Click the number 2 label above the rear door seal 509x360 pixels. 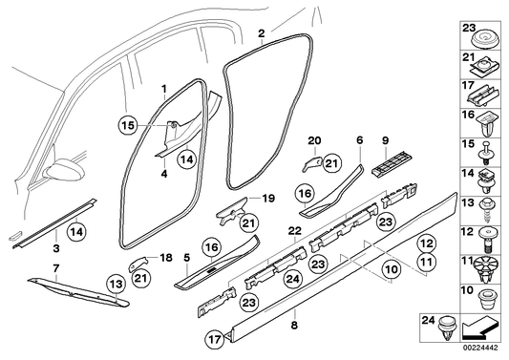tap(261, 32)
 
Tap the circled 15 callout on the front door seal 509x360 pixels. tap(155, 123)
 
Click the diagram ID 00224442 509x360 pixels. tap(481, 352)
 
